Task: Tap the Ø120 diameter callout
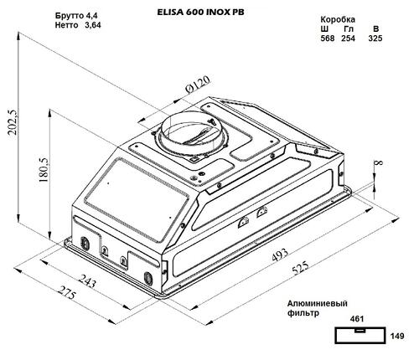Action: click(196, 85)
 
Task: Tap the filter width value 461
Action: click(359, 319)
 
